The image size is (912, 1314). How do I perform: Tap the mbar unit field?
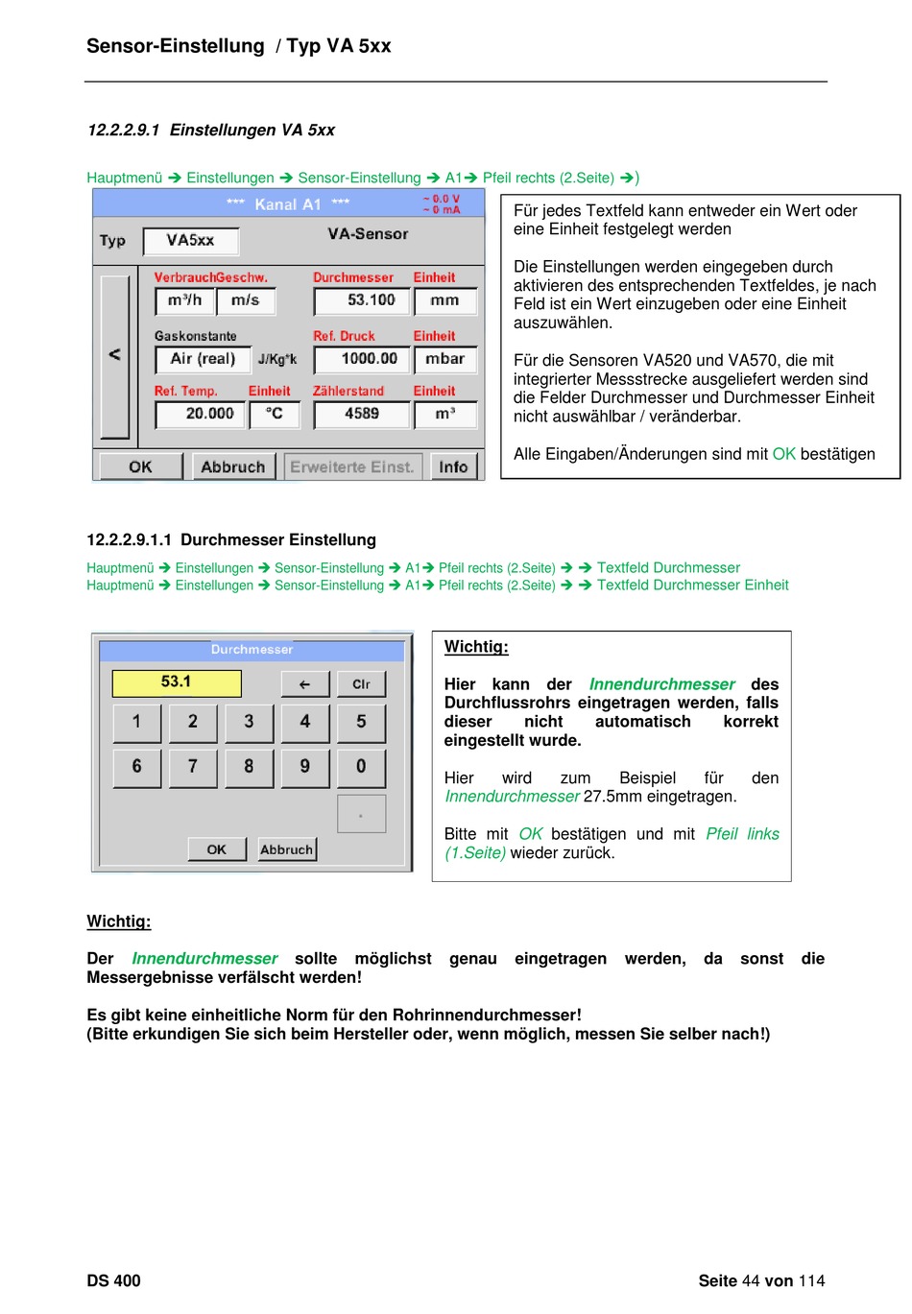coord(444,360)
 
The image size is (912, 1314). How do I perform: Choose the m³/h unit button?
coord(184,301)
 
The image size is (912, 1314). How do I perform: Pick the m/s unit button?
coord(246,301)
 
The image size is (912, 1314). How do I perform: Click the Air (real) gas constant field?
coord(201,360)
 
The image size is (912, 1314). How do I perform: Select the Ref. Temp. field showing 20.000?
coord(200,415)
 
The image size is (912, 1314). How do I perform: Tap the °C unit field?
coord(275,415)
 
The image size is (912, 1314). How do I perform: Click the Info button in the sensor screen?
coord(453,467)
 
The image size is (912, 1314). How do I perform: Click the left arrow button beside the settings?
coord(115,355)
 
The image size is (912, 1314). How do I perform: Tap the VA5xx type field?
coord(190,241)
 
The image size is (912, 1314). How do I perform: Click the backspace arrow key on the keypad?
coord(305,684)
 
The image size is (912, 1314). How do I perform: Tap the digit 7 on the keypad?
coord(193,767)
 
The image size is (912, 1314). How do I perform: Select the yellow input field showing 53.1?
coord(177,682)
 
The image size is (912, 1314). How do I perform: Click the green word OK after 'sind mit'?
coord(783,454)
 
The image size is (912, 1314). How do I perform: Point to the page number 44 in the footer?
coord(750,1280)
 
